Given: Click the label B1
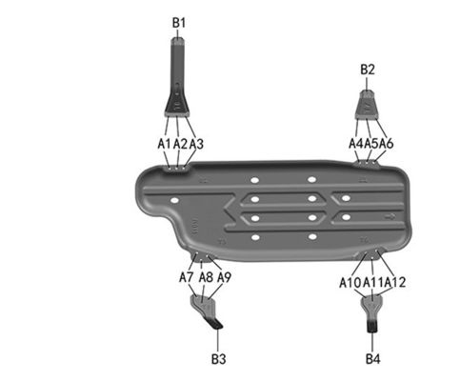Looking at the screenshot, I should pyautogui.click(x=179, y=21).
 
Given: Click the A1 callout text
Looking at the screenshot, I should pyautogui.click(x=166, y=143).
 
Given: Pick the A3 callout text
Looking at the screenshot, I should pyautogui.click(x=196, y=143).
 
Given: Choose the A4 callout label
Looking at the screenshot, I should pyautogui.click(x=356, y=143).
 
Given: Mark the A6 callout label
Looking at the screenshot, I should pyautogui.click(x=387, y=143).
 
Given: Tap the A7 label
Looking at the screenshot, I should pyautogui.click(x=187, y=277).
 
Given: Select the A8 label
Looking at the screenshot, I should pyautogui.click(x=206, y=277).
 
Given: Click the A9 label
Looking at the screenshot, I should pyautogui.click(x=225, y=277).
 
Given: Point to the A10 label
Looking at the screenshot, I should pyautogui.click(x=350, y=282).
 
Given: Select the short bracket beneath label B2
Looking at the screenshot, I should pyautogui.click(x=368, y=102).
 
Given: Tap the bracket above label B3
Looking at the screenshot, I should pyautogui.click(x=207, y=309).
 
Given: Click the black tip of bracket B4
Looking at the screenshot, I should pyautogui.click(x=371, y=326).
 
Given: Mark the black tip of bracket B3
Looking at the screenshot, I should pyautogui.click(x=217, y=323).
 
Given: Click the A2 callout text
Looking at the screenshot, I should pyautogui.click(x=181, y=143).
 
